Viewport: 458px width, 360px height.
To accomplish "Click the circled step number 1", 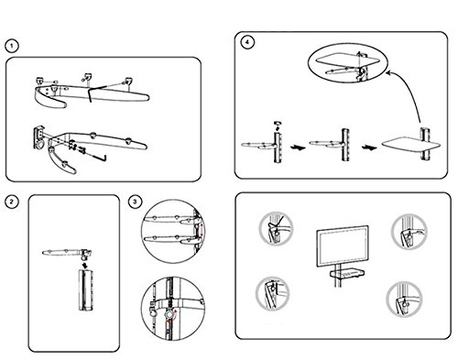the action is coord(12,47).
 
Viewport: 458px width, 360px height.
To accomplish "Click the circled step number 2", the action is coord(12,202).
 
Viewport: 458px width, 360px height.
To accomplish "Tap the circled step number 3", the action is coord(136,202).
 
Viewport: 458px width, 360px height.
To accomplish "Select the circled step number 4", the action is coord(247,43).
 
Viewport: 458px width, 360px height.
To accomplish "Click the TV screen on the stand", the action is coord(343,246).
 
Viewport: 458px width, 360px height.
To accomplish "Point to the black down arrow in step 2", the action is coord(85,264).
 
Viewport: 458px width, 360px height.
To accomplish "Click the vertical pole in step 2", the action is coord(85,290).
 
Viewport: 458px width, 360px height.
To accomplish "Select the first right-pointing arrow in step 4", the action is coord(298,147).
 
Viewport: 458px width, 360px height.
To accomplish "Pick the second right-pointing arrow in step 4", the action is coord(369,147).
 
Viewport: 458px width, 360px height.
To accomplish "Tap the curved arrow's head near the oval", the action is coord(388,72).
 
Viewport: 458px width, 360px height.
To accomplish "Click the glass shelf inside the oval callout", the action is coord(347,60).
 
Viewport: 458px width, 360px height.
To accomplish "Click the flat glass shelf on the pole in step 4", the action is coord(411,146).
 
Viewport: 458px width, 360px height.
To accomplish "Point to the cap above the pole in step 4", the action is coord(278,124).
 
